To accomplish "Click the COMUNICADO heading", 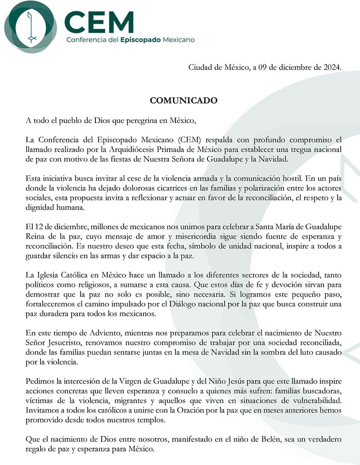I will tap(184, 100).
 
